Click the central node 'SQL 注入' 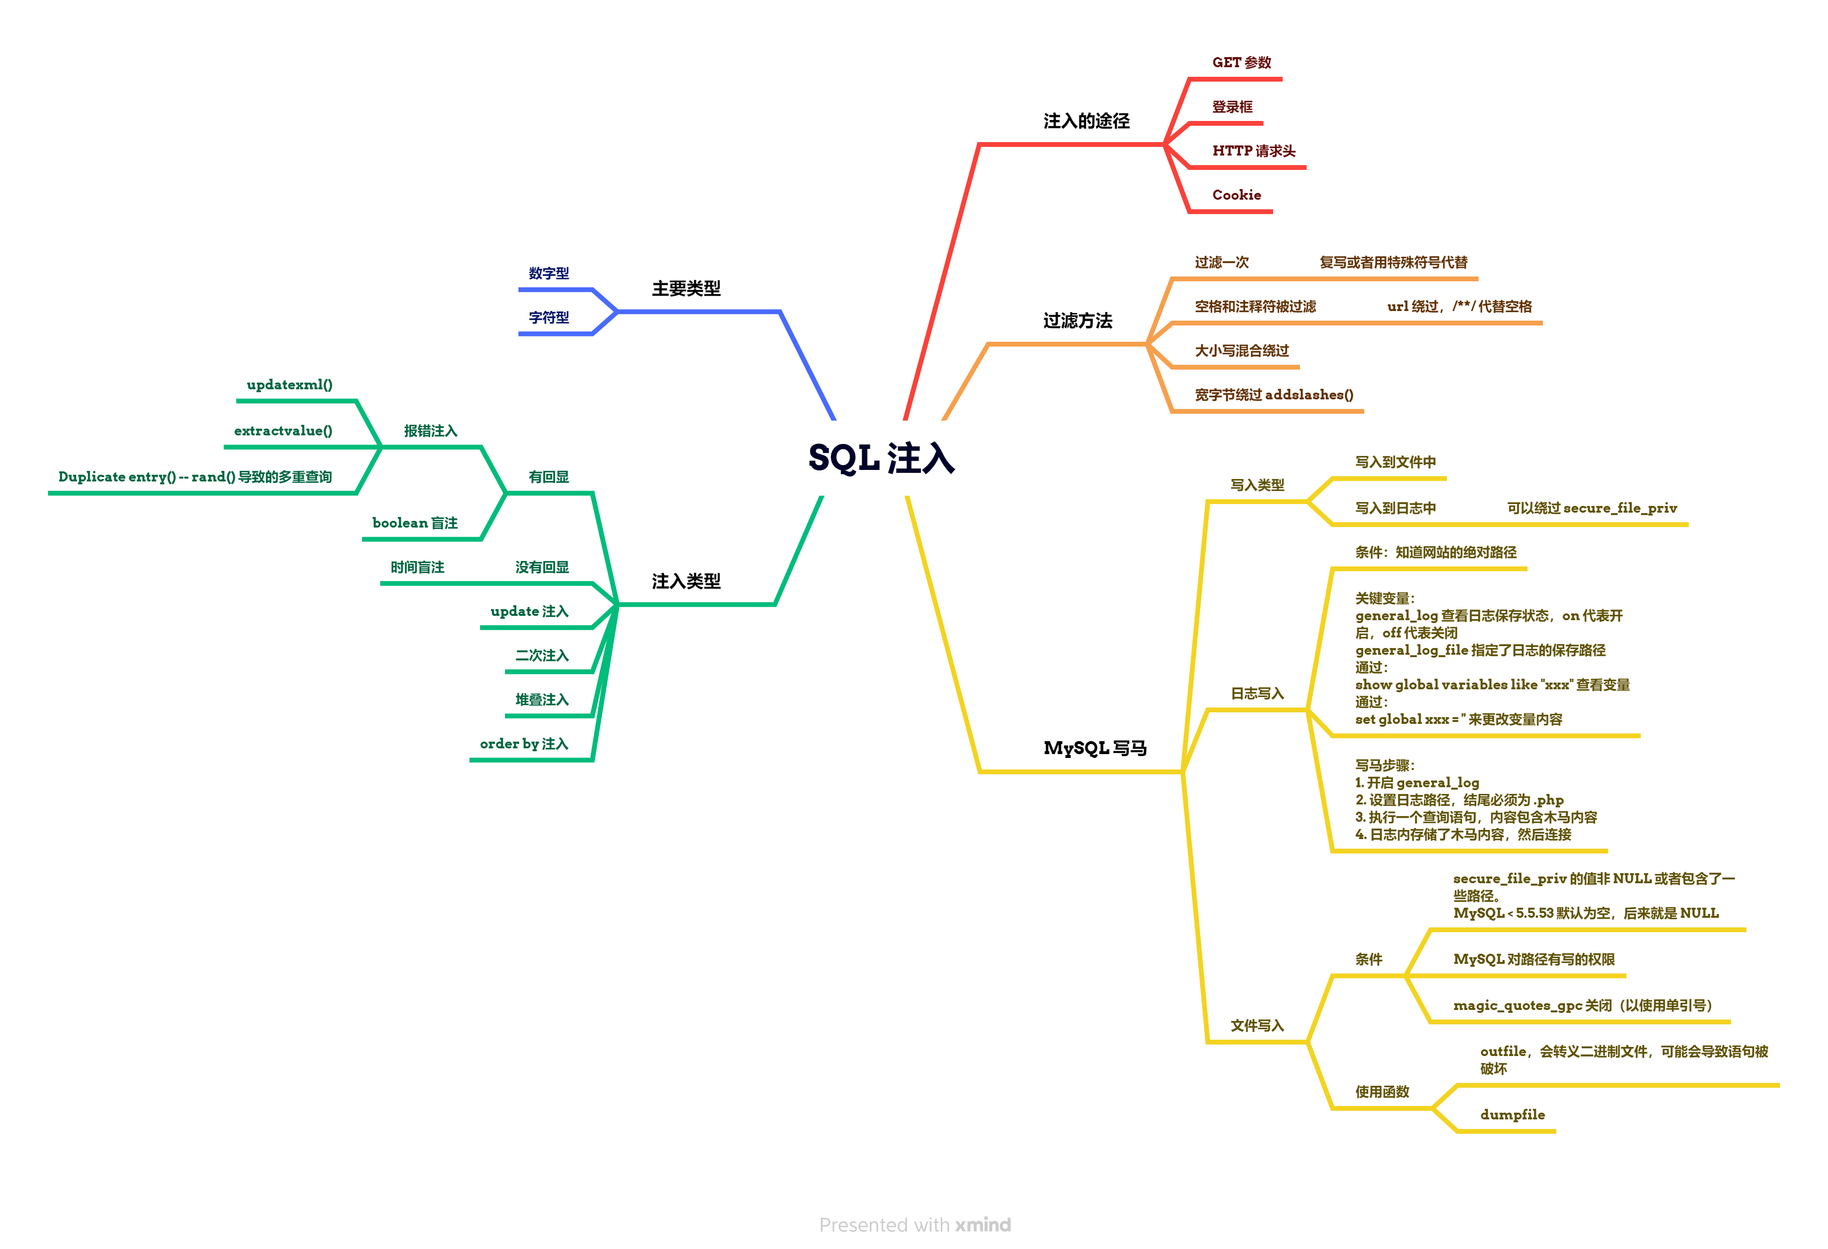click(x=881, y=458)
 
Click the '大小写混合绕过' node click(x=1241, y=351)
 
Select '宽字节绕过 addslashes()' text click(x=1274, y=395)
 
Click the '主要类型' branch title click(x=686, y=288)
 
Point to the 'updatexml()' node click(x=289, y=384)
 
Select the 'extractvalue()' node click(x=283, y=431)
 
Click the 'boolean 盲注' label click(x=415, y=523)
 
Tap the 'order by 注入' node click(x=523, y=744)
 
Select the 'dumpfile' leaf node click(x=1512, y=1115)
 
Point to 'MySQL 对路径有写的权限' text click(x=1533, y=960)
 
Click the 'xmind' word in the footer click(x=983, y=1225)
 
